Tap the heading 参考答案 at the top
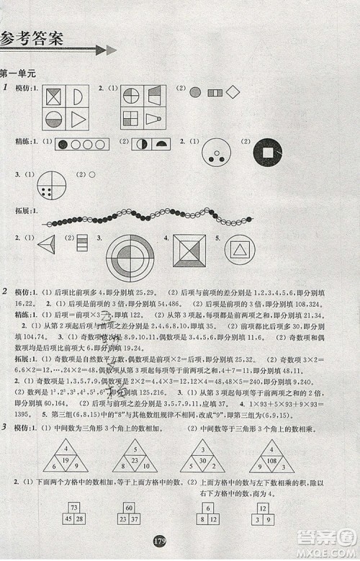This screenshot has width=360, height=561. tap(32, 38)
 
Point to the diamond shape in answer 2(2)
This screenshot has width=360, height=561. tap(233, 92)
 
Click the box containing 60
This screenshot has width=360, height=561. tap(130, 507)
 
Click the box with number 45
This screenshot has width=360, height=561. tap(66, 520)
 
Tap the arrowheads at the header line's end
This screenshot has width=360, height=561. tap(106, 50)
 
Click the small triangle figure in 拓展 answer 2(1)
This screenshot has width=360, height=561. tap(48, 243)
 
